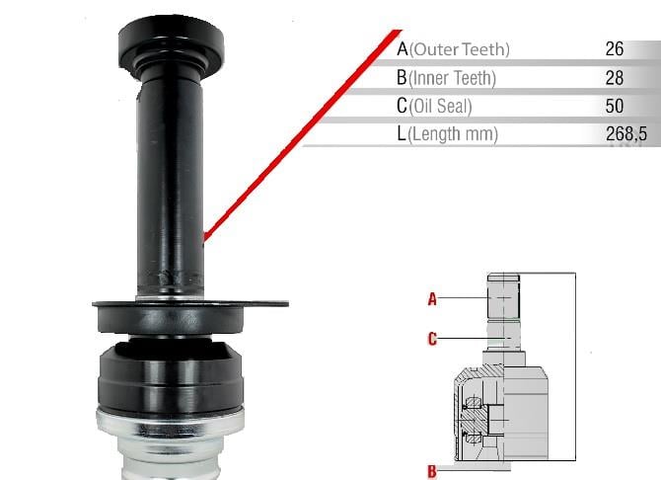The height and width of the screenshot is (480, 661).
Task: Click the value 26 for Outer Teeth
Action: [x=615, y=49]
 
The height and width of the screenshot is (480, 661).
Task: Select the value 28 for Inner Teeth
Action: [x=615, y=78]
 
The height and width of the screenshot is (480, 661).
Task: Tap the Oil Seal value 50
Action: [x=615, y=106]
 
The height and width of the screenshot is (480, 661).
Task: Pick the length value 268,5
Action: [x=626, y=133]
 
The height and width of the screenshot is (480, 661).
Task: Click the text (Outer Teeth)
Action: [x=460, y=49]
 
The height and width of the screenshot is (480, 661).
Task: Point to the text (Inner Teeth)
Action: [x=452, y=78]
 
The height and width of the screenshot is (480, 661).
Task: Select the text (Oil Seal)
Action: [x=440, y=107]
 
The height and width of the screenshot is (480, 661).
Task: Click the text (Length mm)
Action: [x=453, y=134]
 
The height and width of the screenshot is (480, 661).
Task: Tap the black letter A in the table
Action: [x=403, y=49]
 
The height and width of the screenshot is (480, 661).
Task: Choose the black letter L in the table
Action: [x=401, y=133]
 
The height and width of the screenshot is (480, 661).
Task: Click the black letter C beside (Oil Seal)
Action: [x=402, y=106]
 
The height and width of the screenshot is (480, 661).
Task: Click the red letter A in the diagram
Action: [x=432, y=299]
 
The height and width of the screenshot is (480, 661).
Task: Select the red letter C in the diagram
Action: [x=432, y=339]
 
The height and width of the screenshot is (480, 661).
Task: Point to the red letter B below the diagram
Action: [x=432, y=471]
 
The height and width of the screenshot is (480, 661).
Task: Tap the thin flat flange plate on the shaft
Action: [x=190, y=304]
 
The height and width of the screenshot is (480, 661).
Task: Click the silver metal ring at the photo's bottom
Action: [x=171, y=427]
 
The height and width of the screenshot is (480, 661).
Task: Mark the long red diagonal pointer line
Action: [x=303, y=135]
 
